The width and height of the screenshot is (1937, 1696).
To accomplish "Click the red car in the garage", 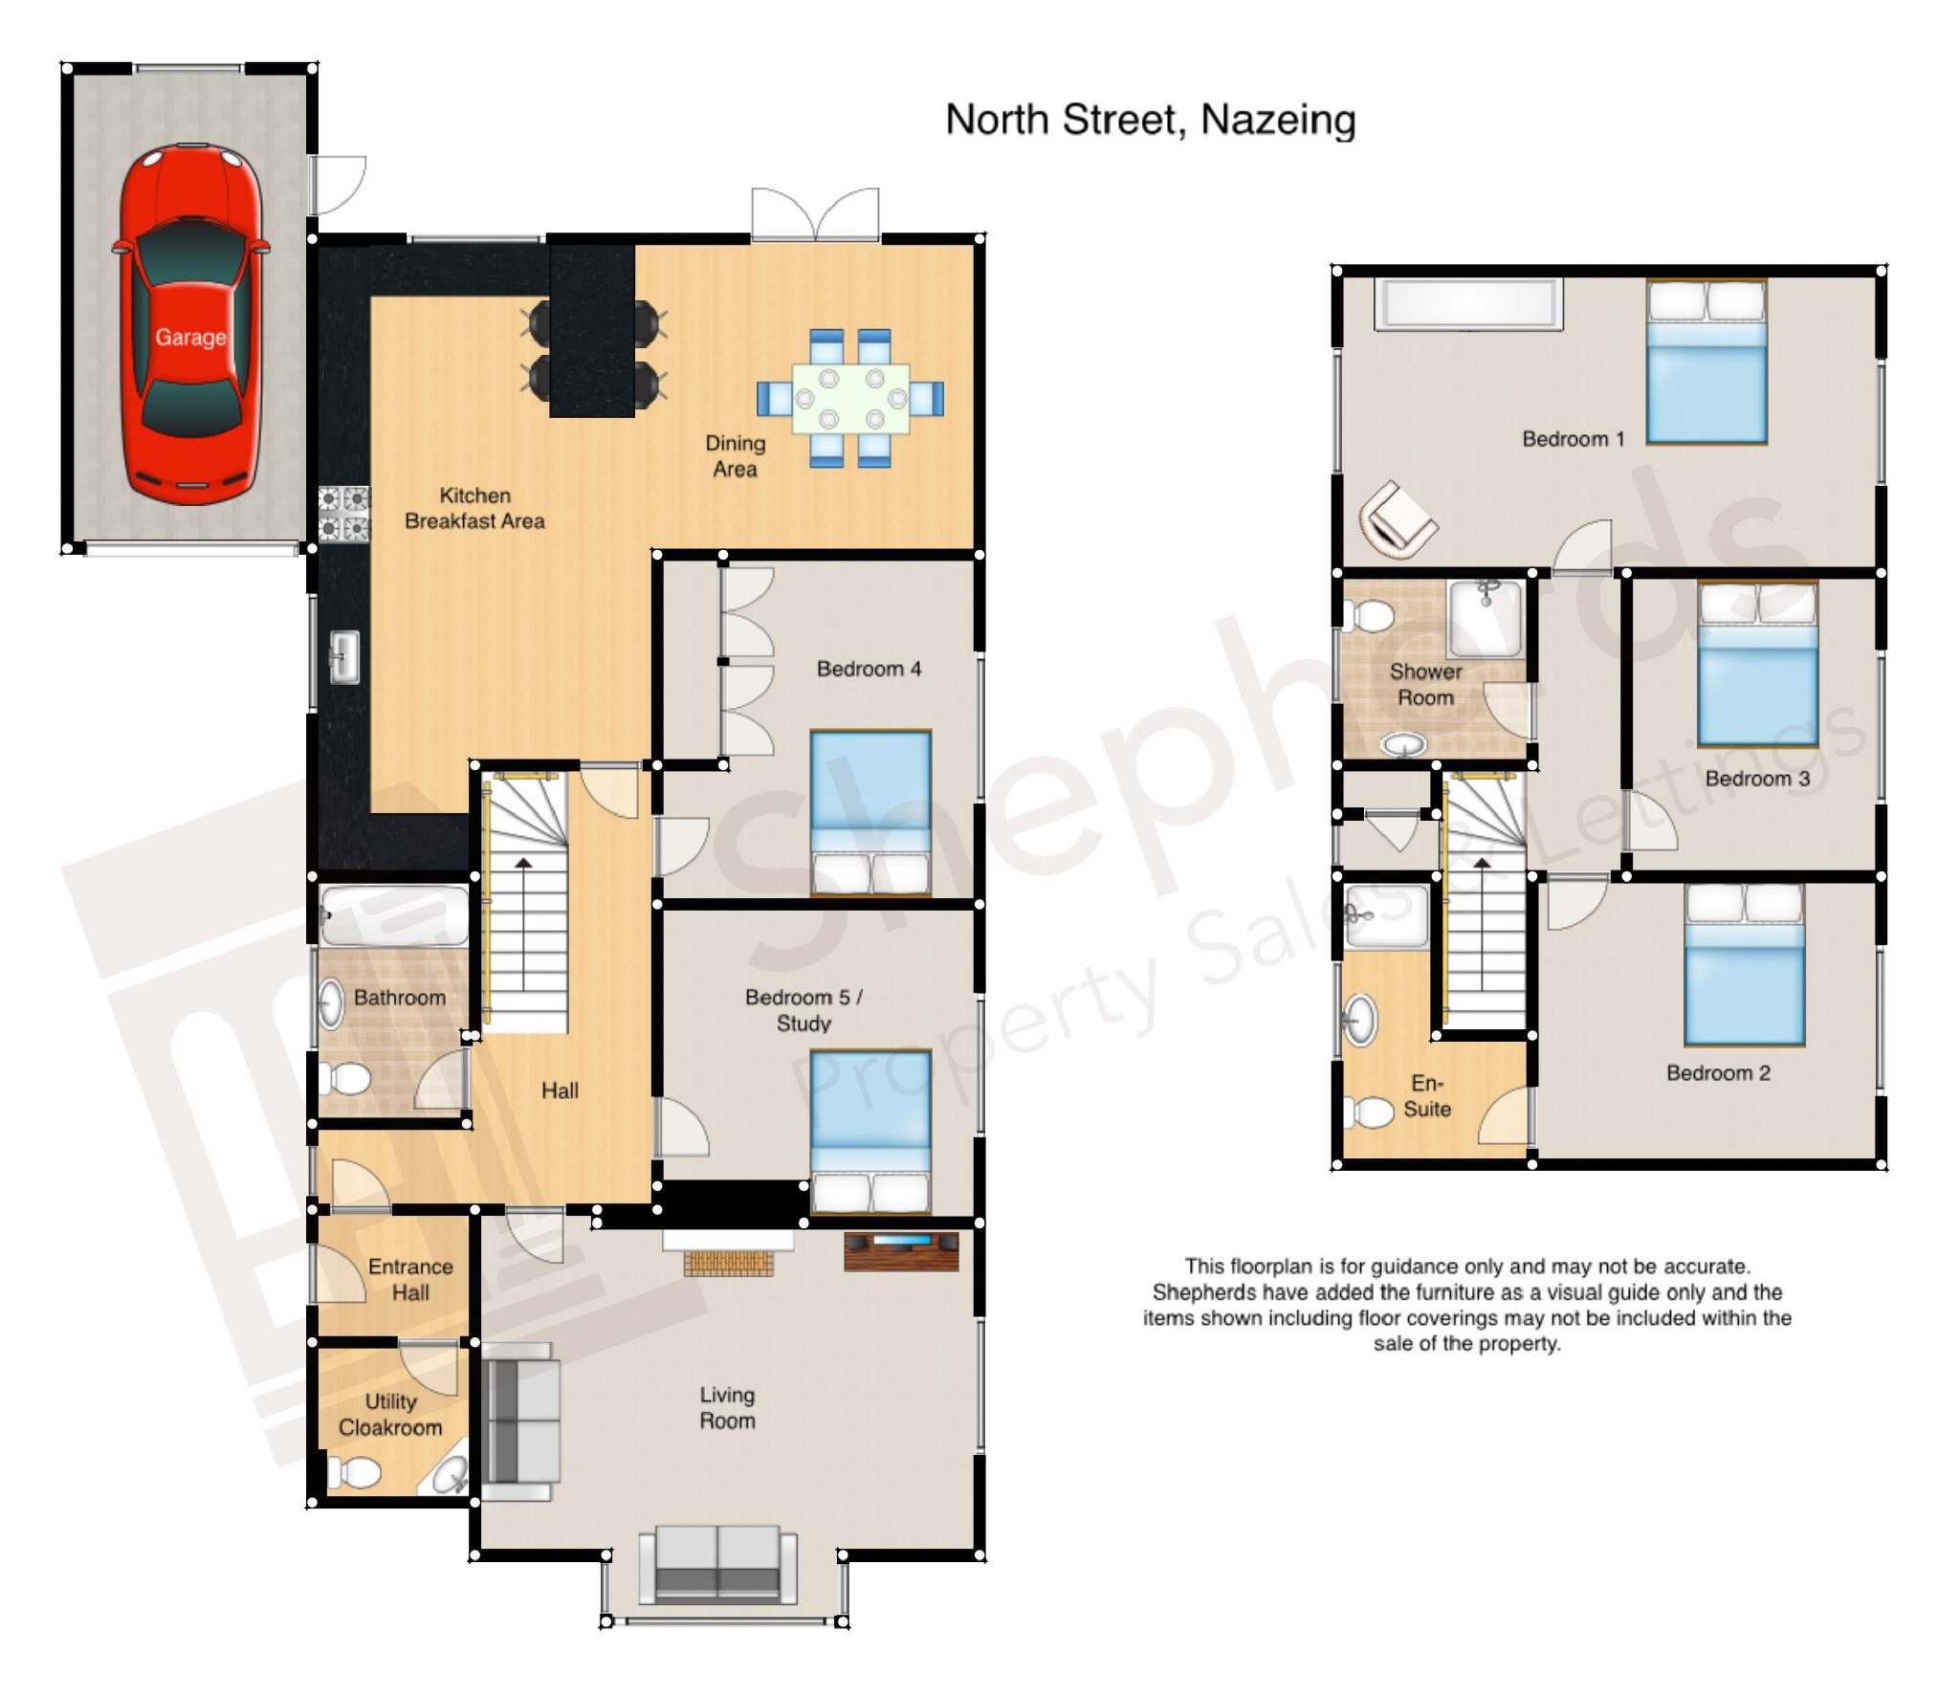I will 190,325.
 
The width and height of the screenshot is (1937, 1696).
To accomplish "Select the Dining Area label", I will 735,456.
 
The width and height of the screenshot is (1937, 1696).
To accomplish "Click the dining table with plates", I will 850,399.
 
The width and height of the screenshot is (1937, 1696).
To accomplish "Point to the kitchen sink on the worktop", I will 344,657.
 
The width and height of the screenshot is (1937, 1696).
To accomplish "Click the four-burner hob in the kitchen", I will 343,514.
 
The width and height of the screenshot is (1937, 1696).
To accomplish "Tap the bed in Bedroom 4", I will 869,813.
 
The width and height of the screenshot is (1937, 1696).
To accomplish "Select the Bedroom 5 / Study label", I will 803,1010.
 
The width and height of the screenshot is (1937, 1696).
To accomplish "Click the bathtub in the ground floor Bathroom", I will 394,916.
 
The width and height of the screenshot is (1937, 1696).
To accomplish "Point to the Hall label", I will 560,1090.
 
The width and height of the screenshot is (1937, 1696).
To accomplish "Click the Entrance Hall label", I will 410,1279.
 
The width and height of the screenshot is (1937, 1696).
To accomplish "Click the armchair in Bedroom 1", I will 1396,520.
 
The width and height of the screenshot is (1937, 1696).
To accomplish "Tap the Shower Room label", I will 1425,684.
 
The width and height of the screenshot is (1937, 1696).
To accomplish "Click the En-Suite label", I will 1426,1096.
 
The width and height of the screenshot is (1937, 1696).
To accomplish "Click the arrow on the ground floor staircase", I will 523,866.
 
